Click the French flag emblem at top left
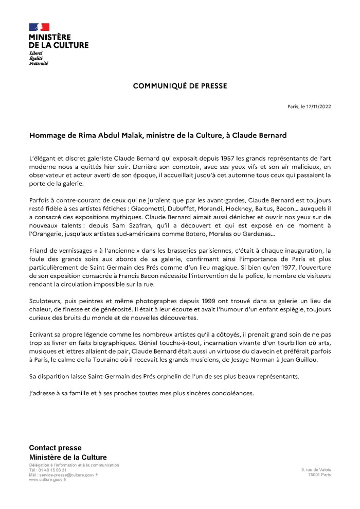click(x=39, y=27)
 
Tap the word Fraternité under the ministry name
click(x=39, y=63)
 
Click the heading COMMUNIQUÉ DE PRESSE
click(x=180, y=85)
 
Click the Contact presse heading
click(x=55, y=448)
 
